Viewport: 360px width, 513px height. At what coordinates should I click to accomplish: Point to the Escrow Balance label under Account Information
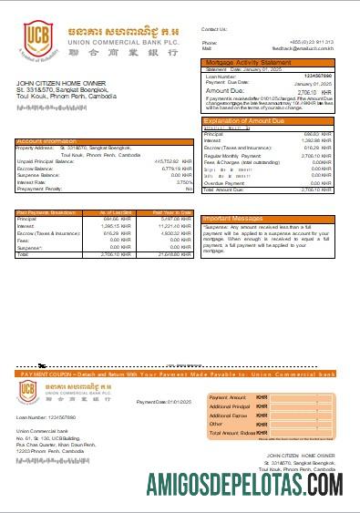pyautogui.click(x=36, y=169)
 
